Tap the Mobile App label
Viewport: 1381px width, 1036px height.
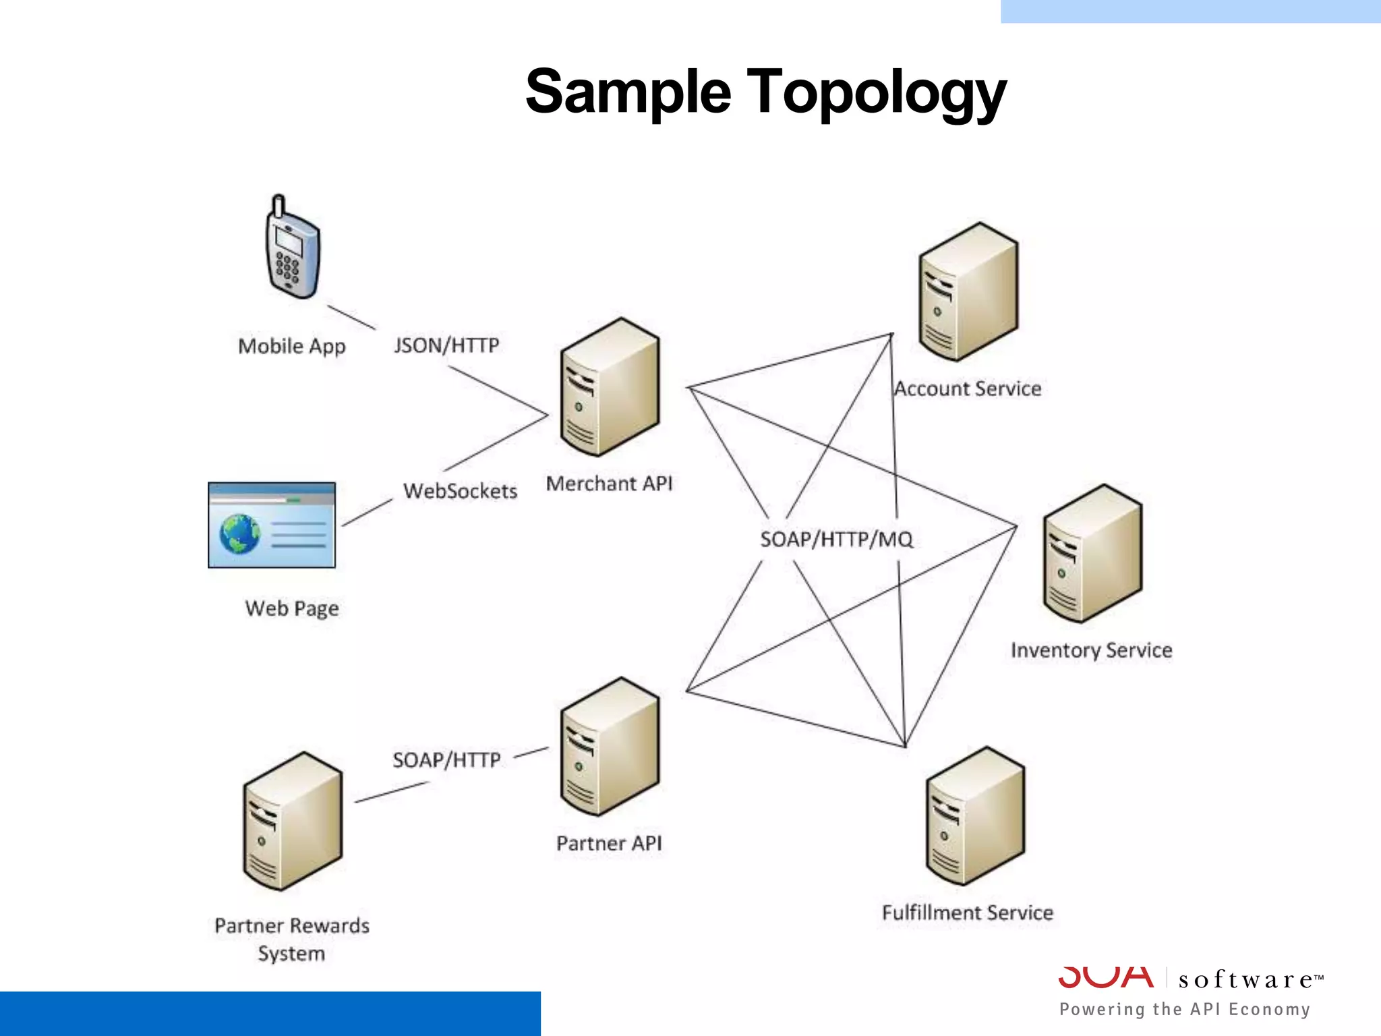(x=291, y=346)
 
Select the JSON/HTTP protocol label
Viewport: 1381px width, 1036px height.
(x=446, y=345)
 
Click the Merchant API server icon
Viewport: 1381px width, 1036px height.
(x=610, y=387)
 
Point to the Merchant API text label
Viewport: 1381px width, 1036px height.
(x=609, y=484)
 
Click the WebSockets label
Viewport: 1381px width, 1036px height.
(x=460, y=490)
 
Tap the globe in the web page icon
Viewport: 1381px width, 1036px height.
(x=239, y=534)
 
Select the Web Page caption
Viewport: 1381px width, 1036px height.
(x=291, y=608)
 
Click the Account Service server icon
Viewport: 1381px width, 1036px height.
(x=968, y=292)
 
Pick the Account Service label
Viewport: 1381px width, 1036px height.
(x=968, y=388)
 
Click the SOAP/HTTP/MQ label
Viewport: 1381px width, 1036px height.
(x=836, y=539)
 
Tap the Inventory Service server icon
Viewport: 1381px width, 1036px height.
(x=1092, y=553)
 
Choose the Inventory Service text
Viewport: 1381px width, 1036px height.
(x=1091, y=650)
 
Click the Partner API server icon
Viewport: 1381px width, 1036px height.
(x=610, y=747)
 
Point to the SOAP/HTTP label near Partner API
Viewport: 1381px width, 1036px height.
(x=446, y=760)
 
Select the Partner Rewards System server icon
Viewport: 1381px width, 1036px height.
(x=292, y=822)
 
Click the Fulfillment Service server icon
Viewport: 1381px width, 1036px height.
(x=975, y=816)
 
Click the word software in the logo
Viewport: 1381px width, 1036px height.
(x=1246, y=979)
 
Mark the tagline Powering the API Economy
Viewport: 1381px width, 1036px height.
(x=1185, y=1009)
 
